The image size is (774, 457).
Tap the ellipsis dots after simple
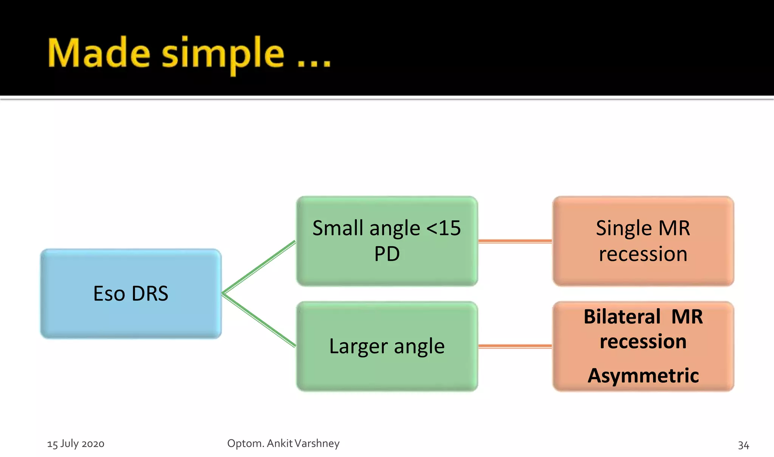(x=314, y=64)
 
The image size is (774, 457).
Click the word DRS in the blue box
(x=150, y=293)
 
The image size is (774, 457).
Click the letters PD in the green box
(x=387, y=254)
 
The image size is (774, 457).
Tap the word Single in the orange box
(x=624, y=228)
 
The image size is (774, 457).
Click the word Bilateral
(x=622, y=317)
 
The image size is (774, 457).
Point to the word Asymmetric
(x=643, y=376)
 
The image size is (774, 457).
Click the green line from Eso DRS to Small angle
(x=259, y=267)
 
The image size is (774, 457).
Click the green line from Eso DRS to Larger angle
(x=259, y=320)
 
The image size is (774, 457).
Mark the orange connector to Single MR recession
(x=515, y=241)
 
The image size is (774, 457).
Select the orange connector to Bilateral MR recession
(x=515, y=346)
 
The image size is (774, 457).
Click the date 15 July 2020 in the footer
(x=76, y=443)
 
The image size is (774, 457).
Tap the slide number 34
(x=743, y=445)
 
